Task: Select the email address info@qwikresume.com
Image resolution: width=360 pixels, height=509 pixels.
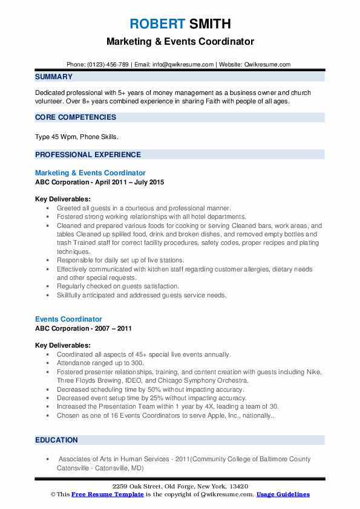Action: pyautogui.click(x=184, y=65)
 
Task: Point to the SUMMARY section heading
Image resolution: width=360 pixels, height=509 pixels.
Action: pyautogui.click(x=54, y=77)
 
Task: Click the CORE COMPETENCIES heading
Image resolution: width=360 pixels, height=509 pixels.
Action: pyautogui.click(x=76, y=117)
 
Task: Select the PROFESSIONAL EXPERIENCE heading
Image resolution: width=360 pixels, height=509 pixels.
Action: pyautogui.click(x=88, y=154)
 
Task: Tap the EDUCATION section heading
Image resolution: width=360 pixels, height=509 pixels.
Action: pyautogui.click(x=56, y=440)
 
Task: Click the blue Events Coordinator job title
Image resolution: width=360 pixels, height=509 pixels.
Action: pyautogui.click(x=68, y=319)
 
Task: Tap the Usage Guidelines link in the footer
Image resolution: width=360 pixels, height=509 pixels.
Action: pyautogui.click(x=283, y=494)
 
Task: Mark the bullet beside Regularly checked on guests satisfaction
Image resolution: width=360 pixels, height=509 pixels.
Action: pyautogui.click(x=47, y=286)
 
